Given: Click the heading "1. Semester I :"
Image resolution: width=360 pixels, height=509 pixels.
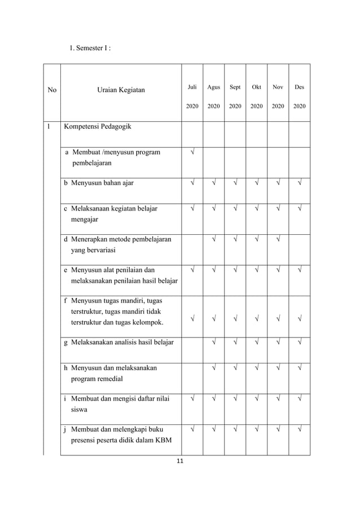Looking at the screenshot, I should [90, 48].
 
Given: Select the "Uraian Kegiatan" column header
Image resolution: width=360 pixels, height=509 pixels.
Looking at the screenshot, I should [121, 90].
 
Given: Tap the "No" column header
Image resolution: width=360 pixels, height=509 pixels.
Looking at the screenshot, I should [52, 90].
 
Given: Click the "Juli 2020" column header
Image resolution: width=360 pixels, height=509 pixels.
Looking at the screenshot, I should [192, 96].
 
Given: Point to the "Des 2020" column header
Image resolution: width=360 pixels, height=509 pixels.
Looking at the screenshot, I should [300, 96].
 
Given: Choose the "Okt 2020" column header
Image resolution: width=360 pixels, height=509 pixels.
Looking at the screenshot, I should [257, 96].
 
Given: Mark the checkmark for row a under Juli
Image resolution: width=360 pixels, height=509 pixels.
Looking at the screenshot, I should [192, 152].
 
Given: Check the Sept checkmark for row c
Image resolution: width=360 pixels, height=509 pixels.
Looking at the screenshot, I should [235, 209].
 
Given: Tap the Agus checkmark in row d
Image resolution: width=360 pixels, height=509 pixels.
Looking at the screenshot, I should [214, 240].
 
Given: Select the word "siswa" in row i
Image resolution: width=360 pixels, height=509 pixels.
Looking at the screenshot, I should [80, 410].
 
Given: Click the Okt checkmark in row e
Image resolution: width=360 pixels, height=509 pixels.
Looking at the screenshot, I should [257, 270].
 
